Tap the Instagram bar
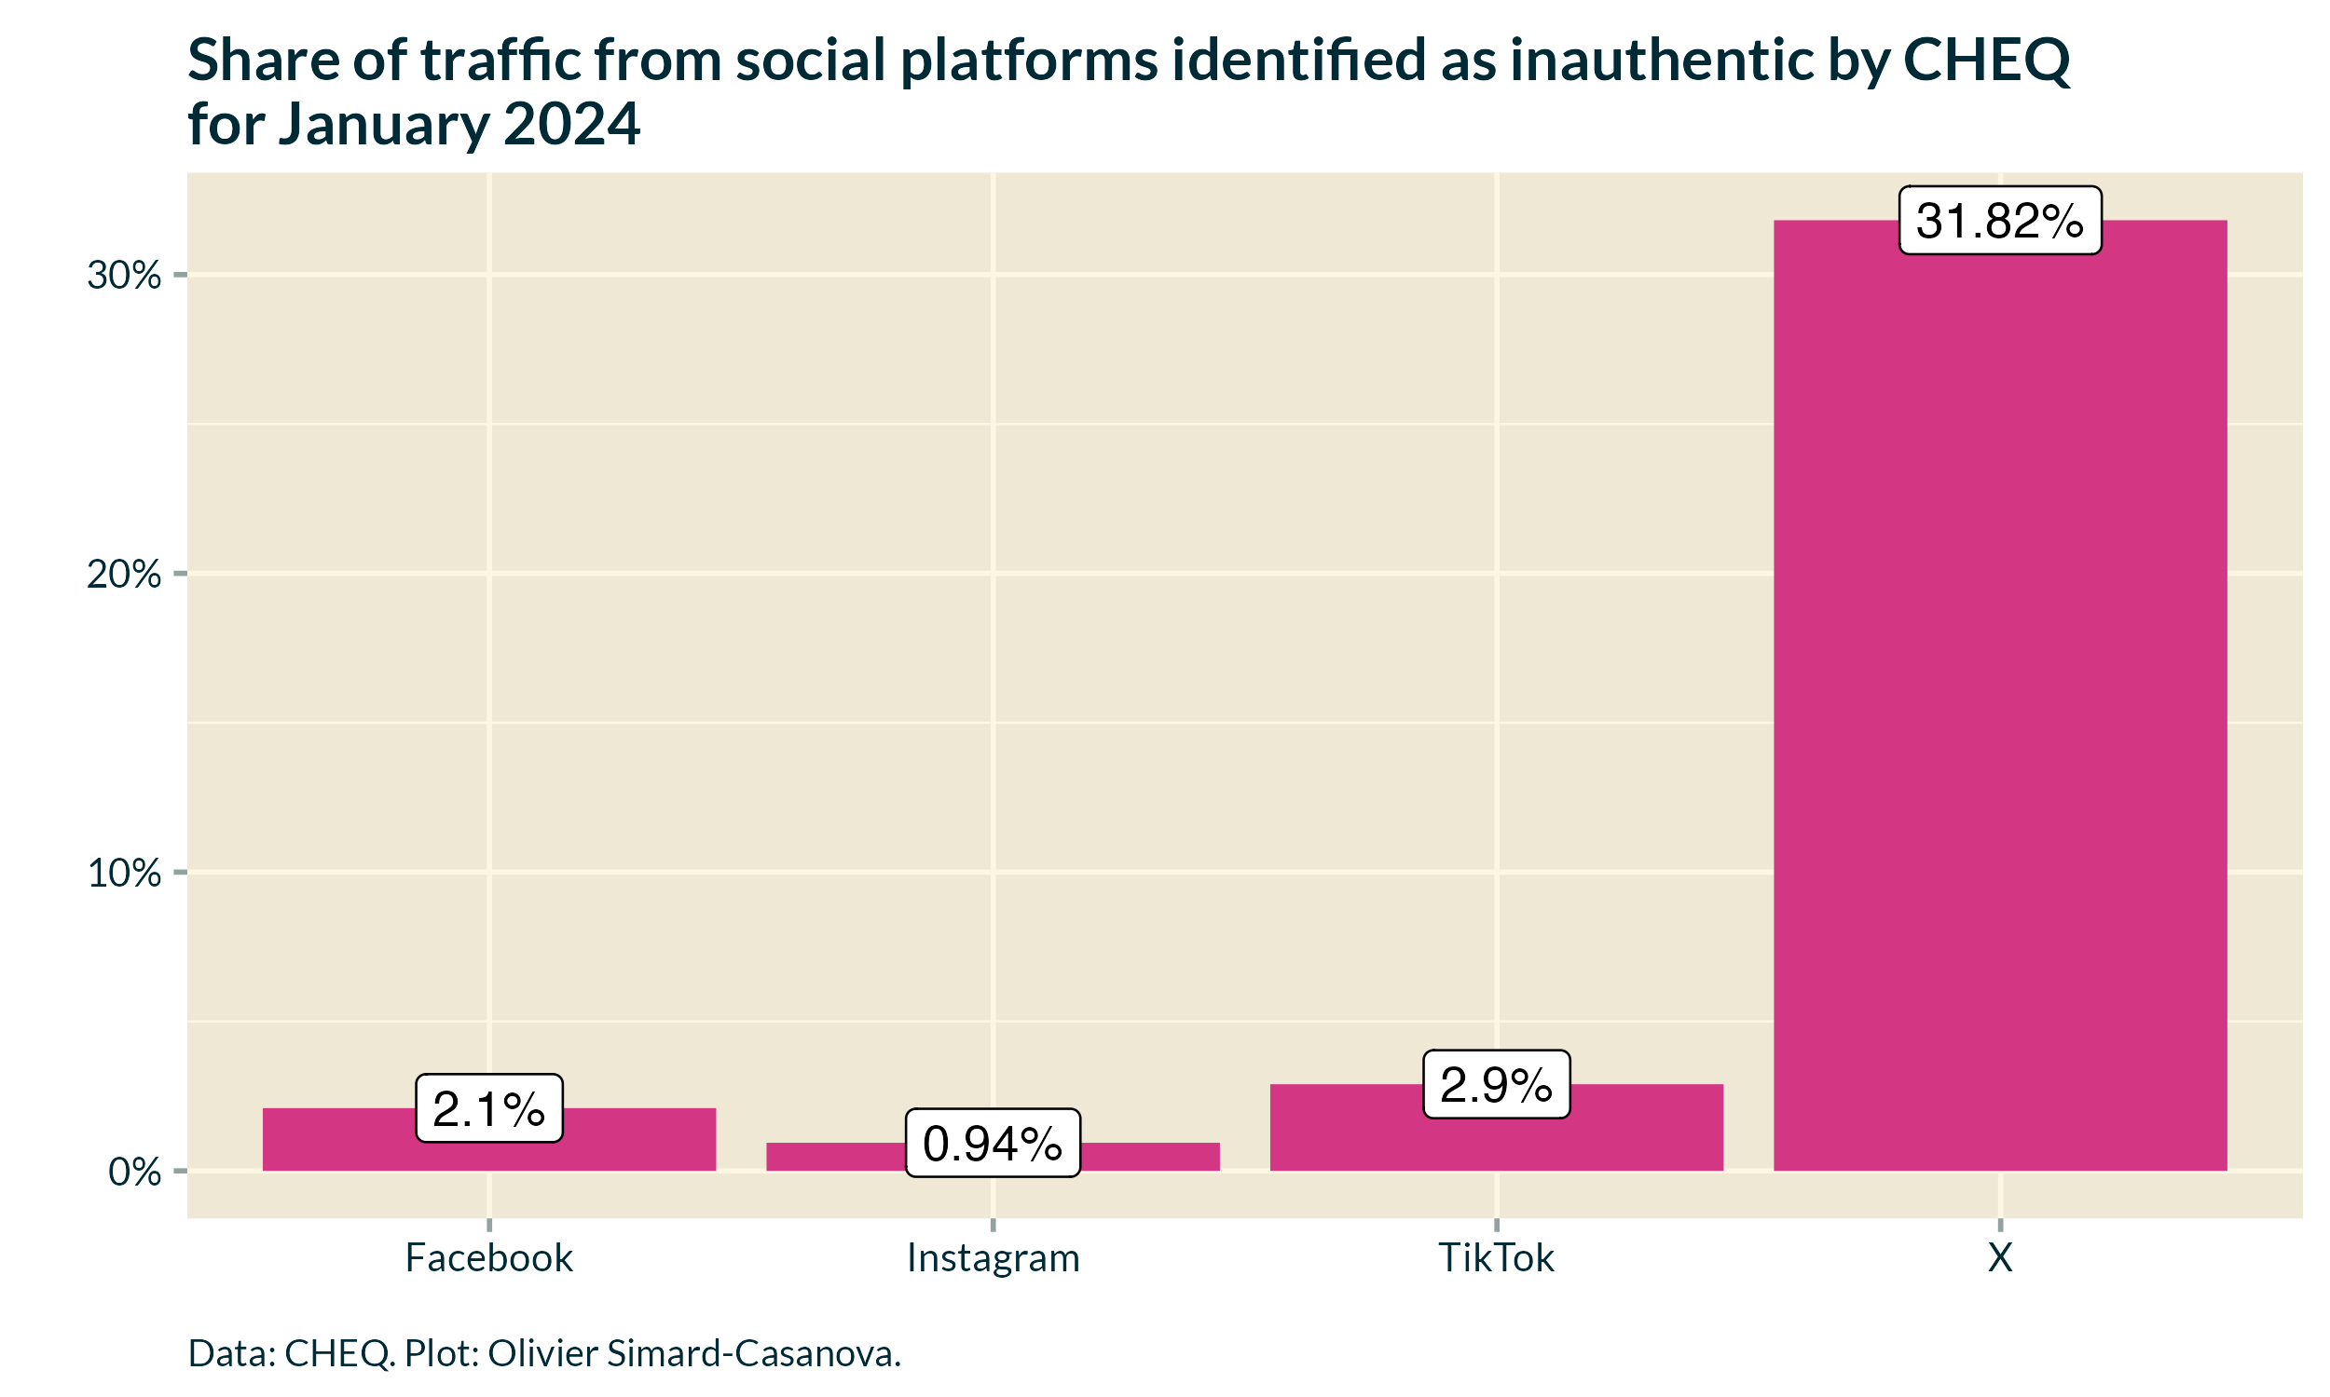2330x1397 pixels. tap(829, 1157)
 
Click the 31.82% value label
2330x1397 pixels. tap(1999, 222)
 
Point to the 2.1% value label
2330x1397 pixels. tap(488, 1109)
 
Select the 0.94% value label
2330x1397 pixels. tap(993, 1144)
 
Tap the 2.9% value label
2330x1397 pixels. tap(1496, 1085)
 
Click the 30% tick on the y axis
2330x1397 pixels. tap(123, 276)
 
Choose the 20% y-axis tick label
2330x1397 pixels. tap(123, 575)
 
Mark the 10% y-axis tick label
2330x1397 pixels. tap(123, 874)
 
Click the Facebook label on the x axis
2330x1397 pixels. tap(488, 1258)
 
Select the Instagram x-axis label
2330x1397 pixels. tap(993, 1258)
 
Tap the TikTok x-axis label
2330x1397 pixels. tap(1496, 1258)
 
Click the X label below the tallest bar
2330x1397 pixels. tap(1999, 1258)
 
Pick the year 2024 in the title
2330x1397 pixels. tap(571, 124)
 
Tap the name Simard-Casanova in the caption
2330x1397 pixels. tap(753, 1354)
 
